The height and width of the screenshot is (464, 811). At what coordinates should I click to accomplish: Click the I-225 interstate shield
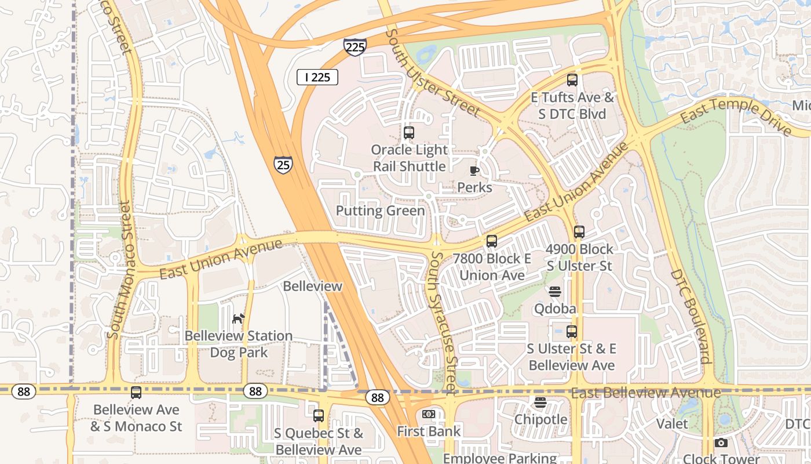click(355, 46)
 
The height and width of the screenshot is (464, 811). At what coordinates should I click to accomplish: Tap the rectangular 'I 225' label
click(317, 77)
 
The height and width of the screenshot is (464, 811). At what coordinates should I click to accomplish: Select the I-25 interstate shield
click(283, 165)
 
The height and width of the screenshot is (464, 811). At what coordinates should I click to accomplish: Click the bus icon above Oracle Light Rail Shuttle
click(409, 133)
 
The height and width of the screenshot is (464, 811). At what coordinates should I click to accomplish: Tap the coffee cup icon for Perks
click(474, 171)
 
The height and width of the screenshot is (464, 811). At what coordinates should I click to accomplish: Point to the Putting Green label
click(380, 211)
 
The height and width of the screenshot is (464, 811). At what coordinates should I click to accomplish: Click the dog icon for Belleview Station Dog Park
click(238, 318)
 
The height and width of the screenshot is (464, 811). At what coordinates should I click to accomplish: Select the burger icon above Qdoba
click(555, 291)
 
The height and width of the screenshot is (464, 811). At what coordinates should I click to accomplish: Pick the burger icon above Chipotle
click(540, 402)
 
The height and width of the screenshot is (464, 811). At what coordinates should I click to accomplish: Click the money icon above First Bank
click(429, 414)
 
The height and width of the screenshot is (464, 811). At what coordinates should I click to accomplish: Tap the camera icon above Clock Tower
click(721, 443)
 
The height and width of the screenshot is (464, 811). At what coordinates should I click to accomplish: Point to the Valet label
click(672, 423)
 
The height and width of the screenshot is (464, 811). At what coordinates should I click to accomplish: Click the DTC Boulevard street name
click(691, 316)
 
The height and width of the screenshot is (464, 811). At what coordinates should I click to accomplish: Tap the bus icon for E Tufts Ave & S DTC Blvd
click(572, 80)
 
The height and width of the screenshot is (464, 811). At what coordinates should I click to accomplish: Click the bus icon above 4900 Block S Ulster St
click(579, 232)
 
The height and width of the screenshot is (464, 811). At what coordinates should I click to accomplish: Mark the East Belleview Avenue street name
click(646, 393)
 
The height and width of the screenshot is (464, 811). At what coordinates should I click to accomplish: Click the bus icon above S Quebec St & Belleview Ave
click(319, 415)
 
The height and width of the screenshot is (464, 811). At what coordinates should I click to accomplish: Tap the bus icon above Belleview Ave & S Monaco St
click(136, 393)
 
